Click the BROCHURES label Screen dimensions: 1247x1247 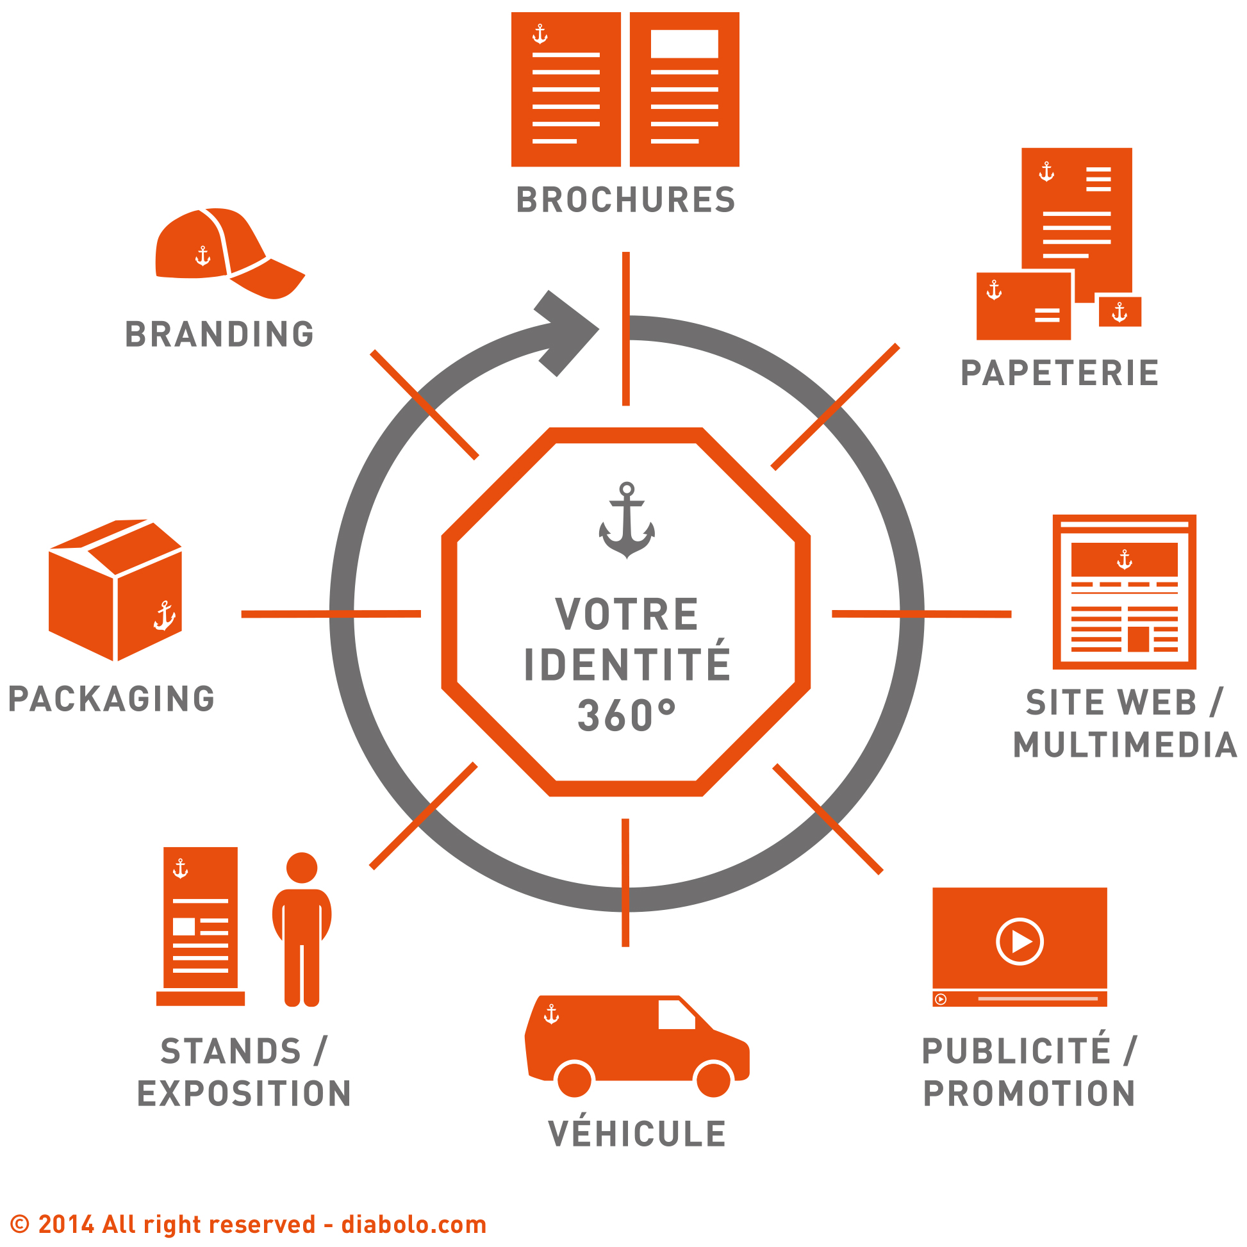click(625, 200)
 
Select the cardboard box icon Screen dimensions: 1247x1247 click(115, 590)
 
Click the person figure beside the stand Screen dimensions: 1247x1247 click(301, 929)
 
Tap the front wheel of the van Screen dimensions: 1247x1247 click(713, 1078)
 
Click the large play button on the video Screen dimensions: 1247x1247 click(1019, 942)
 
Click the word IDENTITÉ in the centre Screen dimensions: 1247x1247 click(627, 664)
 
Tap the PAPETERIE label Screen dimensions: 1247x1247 click(1059, 373)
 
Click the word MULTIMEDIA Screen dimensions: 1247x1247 click(1125, 745)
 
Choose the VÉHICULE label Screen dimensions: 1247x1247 click(637, 1134)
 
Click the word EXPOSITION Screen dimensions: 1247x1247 click(244, 1093)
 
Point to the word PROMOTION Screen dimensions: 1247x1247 click(1029, 1093)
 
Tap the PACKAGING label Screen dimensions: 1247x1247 click(111, 699)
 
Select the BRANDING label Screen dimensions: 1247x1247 click(219, 334)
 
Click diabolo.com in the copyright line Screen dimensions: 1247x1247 click(414, 1225)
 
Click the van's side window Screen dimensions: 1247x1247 click(676, 1014)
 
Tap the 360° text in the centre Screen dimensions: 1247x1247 click(626, 715)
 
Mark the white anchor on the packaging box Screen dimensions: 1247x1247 click(164, 616)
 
